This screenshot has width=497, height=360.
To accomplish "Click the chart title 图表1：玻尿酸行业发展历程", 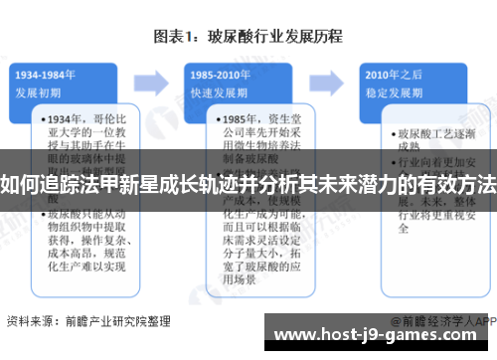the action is pos(248,37).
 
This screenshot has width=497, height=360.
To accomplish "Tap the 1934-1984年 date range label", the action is pos(47,73).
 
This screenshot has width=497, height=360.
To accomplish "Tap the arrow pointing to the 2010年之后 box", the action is pos(329,81).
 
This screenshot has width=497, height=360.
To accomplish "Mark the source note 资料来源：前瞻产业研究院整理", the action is pos(88,321).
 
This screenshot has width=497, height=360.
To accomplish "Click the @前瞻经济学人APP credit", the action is pos(442,321).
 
